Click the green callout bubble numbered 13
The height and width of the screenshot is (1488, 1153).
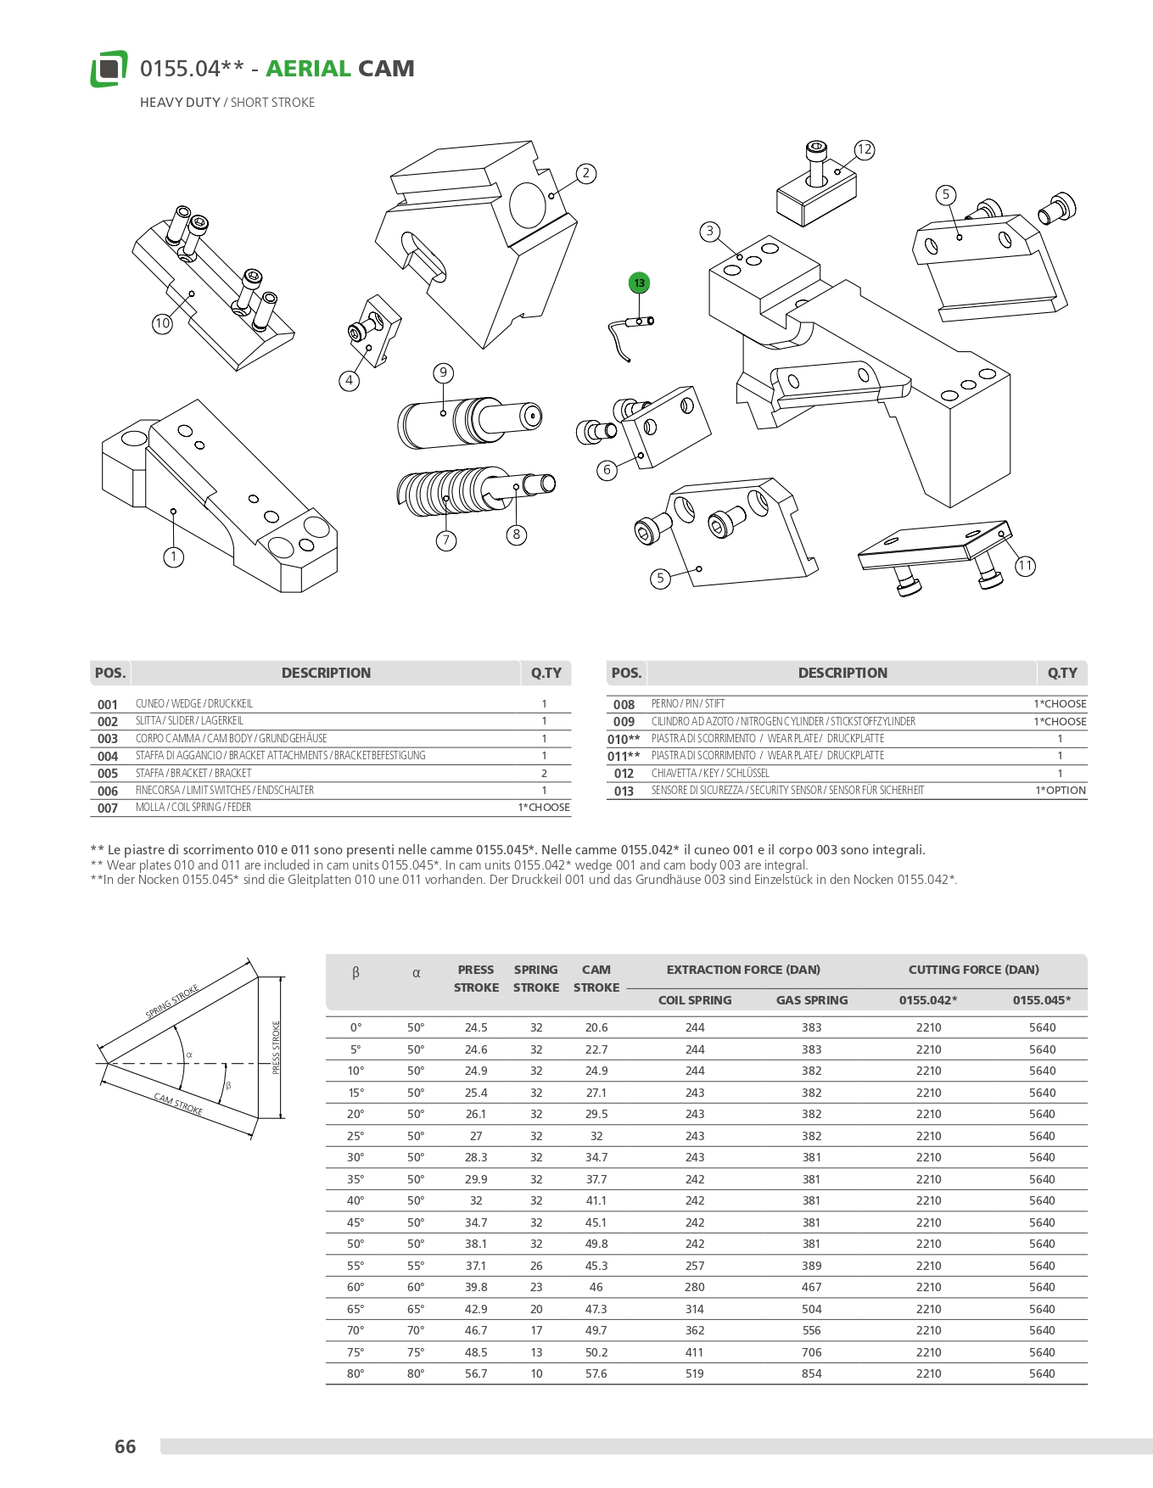(639, 283)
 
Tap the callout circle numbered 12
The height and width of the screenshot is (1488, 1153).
(864, 150)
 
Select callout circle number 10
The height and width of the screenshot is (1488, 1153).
(162, 323)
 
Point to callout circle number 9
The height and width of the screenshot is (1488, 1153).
(442, 373)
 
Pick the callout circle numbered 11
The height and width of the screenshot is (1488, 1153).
(1025, 566)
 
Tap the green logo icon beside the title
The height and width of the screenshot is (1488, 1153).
(109, 69)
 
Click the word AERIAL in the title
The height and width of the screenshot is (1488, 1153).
(308, 69)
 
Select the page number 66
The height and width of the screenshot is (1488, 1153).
(126, 1446)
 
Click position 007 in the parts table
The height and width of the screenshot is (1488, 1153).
(108, 808)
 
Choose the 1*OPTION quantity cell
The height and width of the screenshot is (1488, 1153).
(1060, 791)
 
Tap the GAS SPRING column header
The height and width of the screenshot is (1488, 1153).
(812, 1000)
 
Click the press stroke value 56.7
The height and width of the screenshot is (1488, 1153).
(476, 1373)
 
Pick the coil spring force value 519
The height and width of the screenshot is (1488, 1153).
(695, 1373)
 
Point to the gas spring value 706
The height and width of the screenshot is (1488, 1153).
(812, 1352)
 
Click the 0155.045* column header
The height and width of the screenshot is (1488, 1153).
(1042, 1000)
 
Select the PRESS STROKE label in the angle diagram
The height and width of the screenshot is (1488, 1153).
(277, 1049)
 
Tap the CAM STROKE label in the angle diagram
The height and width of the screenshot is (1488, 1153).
(178, 1105)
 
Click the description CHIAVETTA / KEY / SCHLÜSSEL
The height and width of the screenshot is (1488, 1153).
(710, 774)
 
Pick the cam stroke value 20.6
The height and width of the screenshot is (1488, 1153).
(596, 1027)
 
